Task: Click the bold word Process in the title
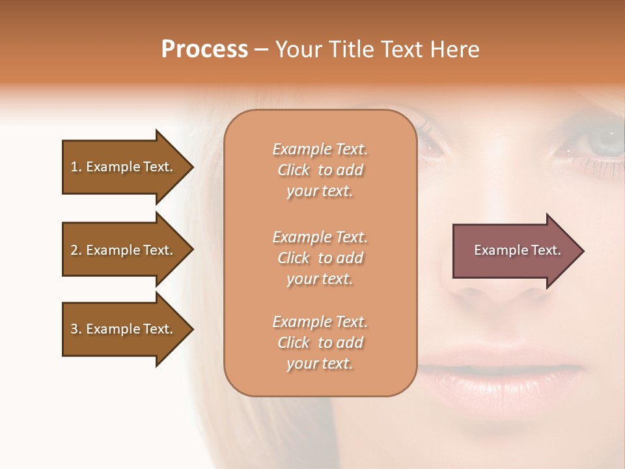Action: [x=204, y=50]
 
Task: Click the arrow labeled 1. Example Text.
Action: [x=124, y=167]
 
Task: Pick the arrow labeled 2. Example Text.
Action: [x=124, y=250]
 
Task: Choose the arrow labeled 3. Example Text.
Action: [x=124, y=329]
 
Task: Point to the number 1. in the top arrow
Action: [x=76, y=167]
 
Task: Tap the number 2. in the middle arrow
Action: [x=76, y=250]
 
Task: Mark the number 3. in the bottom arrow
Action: [x=76, y=329]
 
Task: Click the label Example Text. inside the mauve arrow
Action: [x=517, y=250]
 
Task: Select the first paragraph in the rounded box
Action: [x=320, y=170]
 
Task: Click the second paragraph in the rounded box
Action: [x=320, y=258]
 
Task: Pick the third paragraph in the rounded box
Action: [x=320, y=343]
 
